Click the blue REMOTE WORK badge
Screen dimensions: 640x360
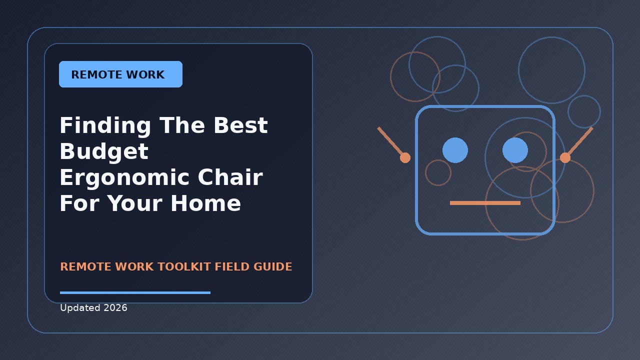pyautogui.click(x=120, y=74)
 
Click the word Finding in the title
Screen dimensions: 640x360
pyautogui.click(x=105, y=125)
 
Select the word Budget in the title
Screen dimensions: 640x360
pyautogui.click(x=104, y=151)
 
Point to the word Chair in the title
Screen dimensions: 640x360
pyautogui.click(x=230, y=177)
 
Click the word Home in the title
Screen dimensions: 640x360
pyautogui.click(x=205, y=203)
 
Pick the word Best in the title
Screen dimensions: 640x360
pyautogui.click(x=241, y=125)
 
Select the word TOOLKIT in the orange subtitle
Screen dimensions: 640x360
pyautogui.click(x=184, y=266)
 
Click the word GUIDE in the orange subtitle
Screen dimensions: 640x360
pyautogui.click(x=272, y=266)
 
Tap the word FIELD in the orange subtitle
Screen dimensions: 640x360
pyautogui.click(x=232, y=266)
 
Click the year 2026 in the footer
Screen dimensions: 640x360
pyautogui.click(x=115, y=307)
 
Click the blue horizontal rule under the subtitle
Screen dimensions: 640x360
pyautogui.click(x=135, y=292)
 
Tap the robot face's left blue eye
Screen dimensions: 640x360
pyautogui.click(x=455, y=150)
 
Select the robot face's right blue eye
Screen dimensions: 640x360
pyautogui.click(x=515, y=150)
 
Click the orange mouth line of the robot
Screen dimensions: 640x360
pyautogui.click(x=485, y=203)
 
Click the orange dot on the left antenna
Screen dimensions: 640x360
pyautogui.click(x=405, y=157)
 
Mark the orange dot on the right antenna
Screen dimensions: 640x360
pyautogui.click(x=565, y=157)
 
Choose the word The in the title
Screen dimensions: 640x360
pyautogui.click(x=182, y=125)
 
